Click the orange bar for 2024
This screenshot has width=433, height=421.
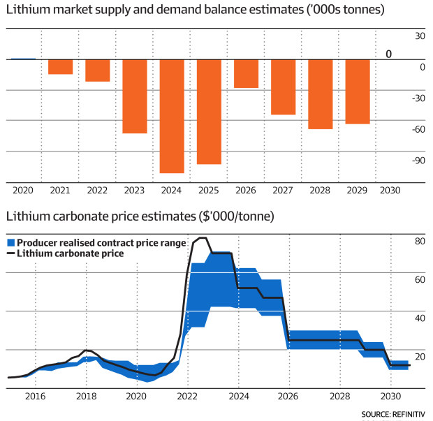(172, 116)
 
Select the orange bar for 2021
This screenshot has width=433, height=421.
(60, 67)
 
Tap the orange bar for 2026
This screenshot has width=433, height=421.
(246, 74)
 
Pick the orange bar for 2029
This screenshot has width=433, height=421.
(358, 91)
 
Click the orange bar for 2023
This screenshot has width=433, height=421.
(135, 96)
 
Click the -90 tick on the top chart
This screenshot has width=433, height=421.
(418, 160)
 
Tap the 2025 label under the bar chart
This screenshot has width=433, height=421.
(209, 190)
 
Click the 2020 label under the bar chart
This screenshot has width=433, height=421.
(22, 190)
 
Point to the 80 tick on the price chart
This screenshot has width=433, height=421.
(420, 242)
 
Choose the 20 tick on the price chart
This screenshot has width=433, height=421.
(420, 357)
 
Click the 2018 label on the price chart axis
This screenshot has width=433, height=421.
(86, 395)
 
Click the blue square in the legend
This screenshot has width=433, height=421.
(10, 243)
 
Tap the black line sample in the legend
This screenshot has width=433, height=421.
(10, 253)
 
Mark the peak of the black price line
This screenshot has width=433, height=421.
(202, 238)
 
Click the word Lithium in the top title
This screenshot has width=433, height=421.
(25, 12)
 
